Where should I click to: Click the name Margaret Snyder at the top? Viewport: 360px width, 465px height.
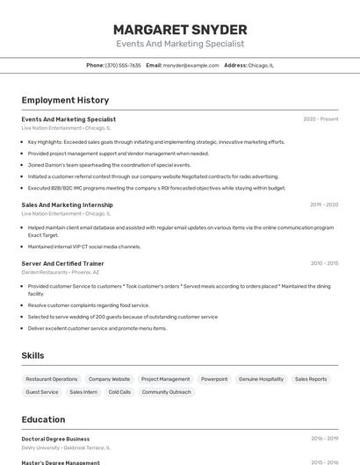(180, 30)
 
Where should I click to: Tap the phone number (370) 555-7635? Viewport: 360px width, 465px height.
(123, 65)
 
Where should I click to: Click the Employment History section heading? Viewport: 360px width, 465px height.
(65, 100)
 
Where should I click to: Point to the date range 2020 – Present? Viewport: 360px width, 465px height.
(320, 118)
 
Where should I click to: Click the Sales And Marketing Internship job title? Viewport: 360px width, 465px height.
(67, 204)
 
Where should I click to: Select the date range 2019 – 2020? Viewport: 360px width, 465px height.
(324, 204)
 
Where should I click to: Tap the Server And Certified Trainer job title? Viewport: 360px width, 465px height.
(62, 263)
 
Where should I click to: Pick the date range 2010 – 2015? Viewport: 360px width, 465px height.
(324, 263)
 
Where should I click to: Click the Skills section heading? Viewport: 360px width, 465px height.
(32, 355)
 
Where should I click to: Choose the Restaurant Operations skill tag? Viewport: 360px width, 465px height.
(52, 379)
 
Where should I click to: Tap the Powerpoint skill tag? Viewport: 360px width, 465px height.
(214, 379)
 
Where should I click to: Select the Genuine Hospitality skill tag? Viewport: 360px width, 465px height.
(261, 379)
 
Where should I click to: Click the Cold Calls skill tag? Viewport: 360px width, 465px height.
(119, 392)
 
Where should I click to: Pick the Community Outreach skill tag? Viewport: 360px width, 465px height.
(166, 392)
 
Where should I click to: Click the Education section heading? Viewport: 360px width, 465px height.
(43, 419)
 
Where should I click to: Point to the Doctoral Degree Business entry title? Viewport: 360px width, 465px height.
(55, 439)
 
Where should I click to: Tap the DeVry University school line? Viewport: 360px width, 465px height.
(66, 447)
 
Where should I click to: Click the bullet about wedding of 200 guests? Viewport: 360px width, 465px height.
(123, 317)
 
